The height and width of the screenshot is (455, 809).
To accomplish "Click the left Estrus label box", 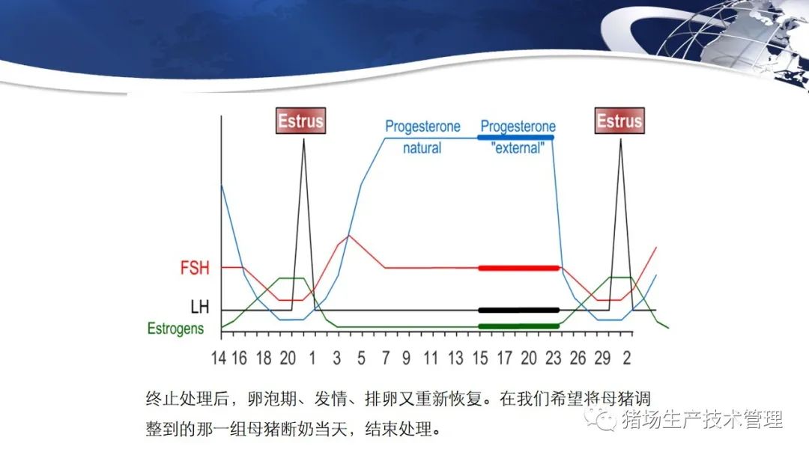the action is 301,120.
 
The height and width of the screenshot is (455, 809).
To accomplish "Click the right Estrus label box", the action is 619,120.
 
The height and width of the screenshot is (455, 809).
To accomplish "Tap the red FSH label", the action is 195,268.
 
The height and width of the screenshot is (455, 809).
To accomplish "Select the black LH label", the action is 200,307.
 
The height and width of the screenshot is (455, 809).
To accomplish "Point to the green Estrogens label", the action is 175,329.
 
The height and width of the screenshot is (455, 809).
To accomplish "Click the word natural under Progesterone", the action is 422,148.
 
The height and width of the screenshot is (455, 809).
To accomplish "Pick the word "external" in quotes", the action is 518,148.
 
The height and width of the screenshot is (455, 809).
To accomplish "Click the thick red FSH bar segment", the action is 519,268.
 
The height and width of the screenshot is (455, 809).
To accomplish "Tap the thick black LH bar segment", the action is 519,311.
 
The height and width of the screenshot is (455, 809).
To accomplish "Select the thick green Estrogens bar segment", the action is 519,326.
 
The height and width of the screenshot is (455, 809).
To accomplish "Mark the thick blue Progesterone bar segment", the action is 516,138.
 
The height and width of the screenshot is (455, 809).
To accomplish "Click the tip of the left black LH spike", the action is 303,138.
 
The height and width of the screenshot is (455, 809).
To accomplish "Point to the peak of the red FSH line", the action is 349,236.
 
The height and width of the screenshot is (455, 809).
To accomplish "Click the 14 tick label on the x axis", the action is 219,358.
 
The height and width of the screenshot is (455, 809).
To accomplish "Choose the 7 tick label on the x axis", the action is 386,358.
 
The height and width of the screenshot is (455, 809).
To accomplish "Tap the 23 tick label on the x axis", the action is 553,358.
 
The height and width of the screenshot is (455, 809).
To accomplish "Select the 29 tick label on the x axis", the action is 602,358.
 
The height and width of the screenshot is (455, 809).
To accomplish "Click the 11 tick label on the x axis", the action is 430,358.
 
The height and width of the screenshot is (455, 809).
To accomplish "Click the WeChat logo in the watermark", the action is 601,419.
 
